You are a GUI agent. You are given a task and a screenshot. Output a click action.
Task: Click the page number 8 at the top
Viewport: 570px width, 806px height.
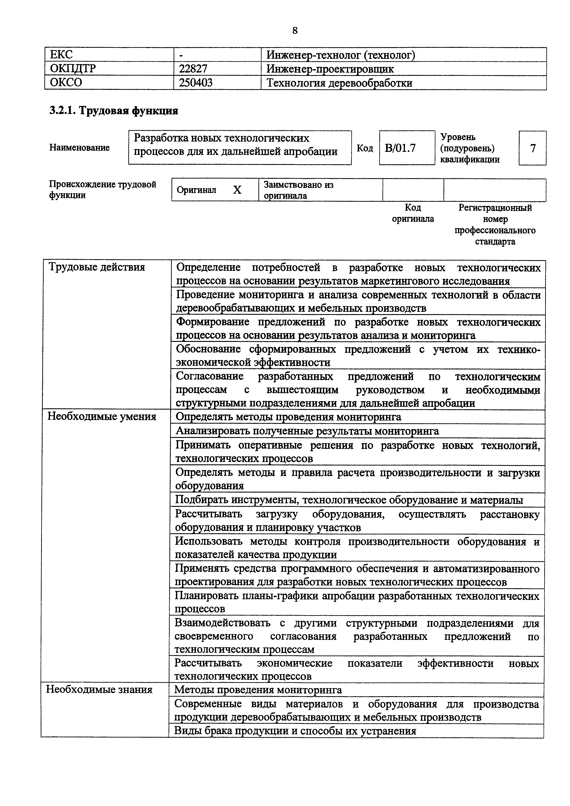pyautogui.click(x=295, y=31)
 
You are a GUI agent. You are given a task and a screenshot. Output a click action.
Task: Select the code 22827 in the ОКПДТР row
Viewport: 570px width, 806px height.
pyautogui.click(x=193, y=69)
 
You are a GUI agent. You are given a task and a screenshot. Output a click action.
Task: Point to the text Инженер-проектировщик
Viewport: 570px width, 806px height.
pyautogui.click(x=330, y=69)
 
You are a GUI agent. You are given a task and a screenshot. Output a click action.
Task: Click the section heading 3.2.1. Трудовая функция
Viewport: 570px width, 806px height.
pyautogui.click(x=113, y=111)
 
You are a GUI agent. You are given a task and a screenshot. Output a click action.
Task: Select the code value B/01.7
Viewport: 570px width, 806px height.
pyautogui.click(x=400, y=148)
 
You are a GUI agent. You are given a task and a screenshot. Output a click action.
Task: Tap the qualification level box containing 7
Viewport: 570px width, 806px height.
pyautogui.click(x=533, y=148)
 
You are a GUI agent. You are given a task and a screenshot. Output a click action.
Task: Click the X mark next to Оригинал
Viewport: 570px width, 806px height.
pyautogui.click(x=238, y=190)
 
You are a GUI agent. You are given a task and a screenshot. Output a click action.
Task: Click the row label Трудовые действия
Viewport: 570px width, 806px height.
pyautogui.click(x=96, y=267)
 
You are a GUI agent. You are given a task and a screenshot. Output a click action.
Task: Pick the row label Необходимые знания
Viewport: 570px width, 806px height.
pyautogui.click(x=99, y=690)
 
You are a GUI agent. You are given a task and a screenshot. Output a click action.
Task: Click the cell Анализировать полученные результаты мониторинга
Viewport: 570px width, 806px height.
pyautogui.click(x=307, y=431)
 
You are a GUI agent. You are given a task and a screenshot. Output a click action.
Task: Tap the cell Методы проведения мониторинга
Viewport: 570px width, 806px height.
pyautogui.click(x=258, y=690)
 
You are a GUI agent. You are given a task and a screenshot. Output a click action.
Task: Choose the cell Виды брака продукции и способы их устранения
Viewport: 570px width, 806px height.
pyautogui.click(x=295, y=731)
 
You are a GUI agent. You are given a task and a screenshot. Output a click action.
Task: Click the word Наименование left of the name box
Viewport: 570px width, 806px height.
pyautogui.click(x=79, y=148)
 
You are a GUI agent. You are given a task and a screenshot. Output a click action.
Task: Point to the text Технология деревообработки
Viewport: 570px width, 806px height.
pyautogui.click(x=339, y=83)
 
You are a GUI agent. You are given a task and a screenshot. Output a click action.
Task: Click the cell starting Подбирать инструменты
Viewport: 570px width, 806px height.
pyautogui.click(x=349, y=499)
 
